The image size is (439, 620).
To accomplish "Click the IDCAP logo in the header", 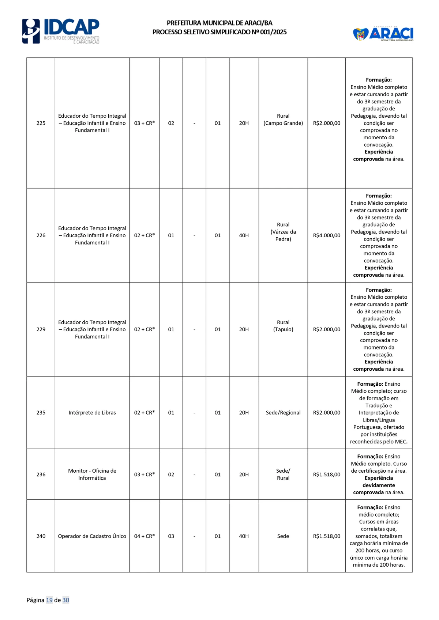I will tap(61, 31).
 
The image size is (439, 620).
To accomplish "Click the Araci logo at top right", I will tap(383, 34).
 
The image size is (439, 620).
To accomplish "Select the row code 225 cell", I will tap(41, 123).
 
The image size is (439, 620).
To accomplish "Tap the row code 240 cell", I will tap(41, 536).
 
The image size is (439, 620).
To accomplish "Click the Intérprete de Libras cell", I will tap(92, 413).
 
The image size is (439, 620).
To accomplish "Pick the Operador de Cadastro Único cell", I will tap(92, 536).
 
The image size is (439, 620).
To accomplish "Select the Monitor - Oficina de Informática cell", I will tap(92, 475).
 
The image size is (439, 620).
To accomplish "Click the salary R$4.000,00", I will tap(327, 235).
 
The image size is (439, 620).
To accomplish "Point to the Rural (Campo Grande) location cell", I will tap(283, 120).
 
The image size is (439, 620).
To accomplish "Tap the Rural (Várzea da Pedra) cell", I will tap(283, 232).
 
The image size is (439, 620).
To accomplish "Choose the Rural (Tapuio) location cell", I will tap(283, 326).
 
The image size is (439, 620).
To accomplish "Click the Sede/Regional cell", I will tap(283, 413).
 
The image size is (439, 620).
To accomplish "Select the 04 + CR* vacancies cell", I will tap(145, 536).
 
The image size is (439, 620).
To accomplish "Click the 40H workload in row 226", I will tap(244, 235).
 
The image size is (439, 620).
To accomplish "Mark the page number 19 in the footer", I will tap(49, 600).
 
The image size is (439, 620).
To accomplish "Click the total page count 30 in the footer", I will tap(66, 600).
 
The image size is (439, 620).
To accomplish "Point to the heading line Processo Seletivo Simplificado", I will tap(219, 32).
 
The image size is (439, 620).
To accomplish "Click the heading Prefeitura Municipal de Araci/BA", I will tap(219, 23).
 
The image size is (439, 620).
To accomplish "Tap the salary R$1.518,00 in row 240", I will tap(327, 536).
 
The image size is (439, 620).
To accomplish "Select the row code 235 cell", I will tap(41, 413).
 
